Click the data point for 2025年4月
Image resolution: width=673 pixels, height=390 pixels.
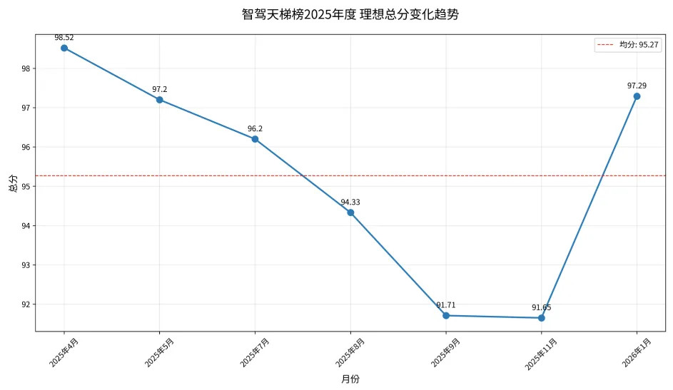[x=64, y=48]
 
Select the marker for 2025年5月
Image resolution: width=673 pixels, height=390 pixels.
[x=159, y=100]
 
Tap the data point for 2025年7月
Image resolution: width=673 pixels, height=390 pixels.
[x=255, y=139]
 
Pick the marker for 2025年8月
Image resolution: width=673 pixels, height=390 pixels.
[x=350, y=212]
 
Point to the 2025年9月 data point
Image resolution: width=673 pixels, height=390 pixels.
[x=446, y=315]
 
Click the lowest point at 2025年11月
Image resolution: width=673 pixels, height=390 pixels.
[x=541, y=317]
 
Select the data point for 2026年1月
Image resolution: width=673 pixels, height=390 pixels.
[x=637, y=96]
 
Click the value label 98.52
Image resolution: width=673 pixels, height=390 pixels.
[x=64, y=37]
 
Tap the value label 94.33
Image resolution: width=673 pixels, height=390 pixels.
[x=350, y=202]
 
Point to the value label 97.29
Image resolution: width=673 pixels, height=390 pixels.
[x=637, y=86]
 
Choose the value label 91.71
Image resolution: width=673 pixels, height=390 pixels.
[x=446, y=305]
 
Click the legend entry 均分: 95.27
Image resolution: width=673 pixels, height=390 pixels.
[x=628, y=45]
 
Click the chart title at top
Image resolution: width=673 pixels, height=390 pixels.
[x=350, y=14]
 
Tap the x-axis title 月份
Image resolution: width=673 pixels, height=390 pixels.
[x=350, y=379]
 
